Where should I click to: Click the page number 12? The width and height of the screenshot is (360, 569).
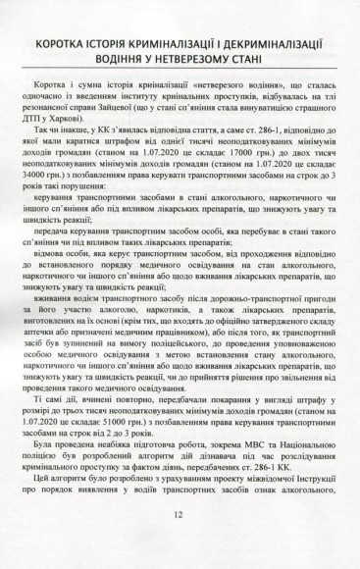coord(179,543)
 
